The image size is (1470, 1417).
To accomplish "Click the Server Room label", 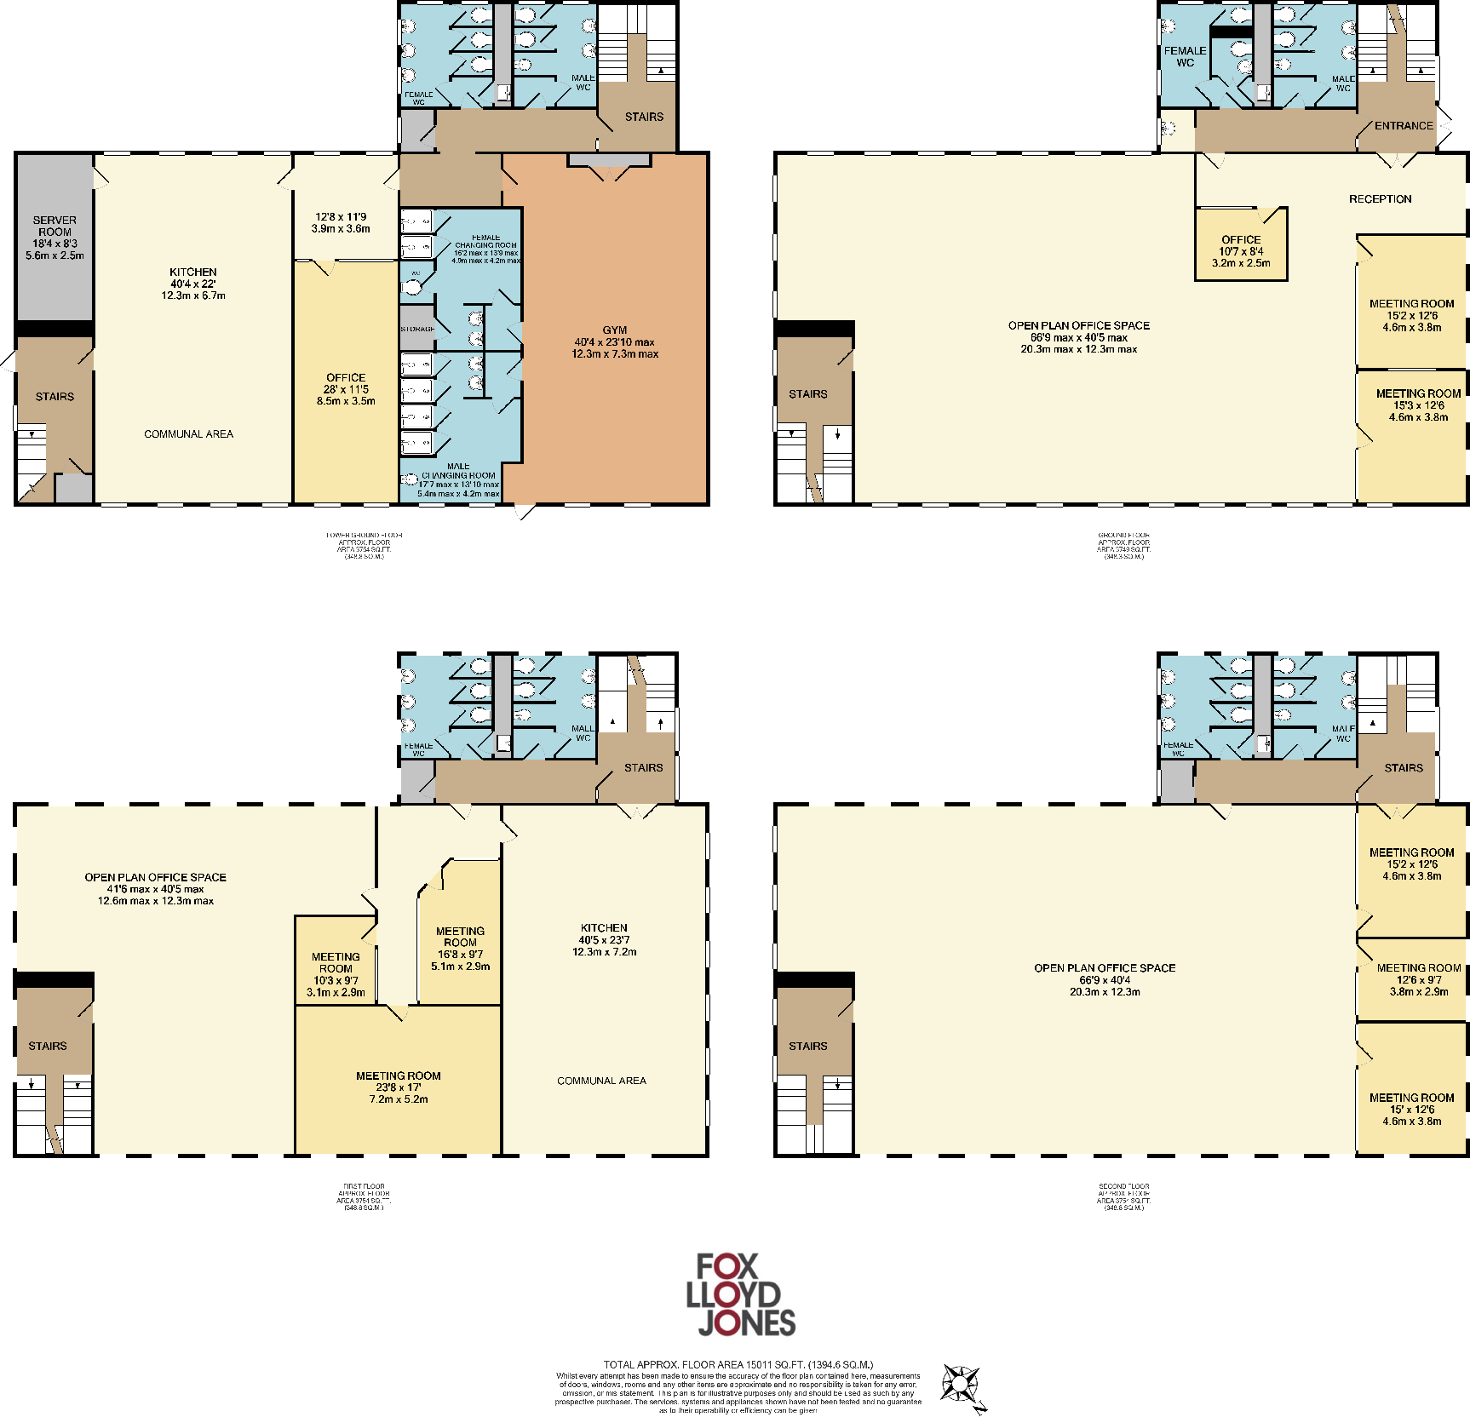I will click(x=55, y=227).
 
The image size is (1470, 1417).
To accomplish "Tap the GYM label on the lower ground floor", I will click(x=615, y=330).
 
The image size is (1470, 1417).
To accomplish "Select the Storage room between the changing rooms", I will click(x=417, y=329).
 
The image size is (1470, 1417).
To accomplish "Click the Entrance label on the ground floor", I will click(x=1404, y=126).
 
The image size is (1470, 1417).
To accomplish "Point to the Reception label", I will click(x=1380, y=199).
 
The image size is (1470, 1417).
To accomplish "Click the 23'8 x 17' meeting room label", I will click(x=399, y=1076).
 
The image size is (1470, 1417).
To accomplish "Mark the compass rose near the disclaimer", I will click(x=962, y=1385).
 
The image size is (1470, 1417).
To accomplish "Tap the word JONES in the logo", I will click(x=746, y=1322).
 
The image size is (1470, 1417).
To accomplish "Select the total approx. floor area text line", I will click(x=738, y=1364).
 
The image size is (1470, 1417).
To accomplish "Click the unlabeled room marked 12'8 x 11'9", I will click(x=341, y=222).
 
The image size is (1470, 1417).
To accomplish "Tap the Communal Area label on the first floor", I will click(x=601, y=1081).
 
